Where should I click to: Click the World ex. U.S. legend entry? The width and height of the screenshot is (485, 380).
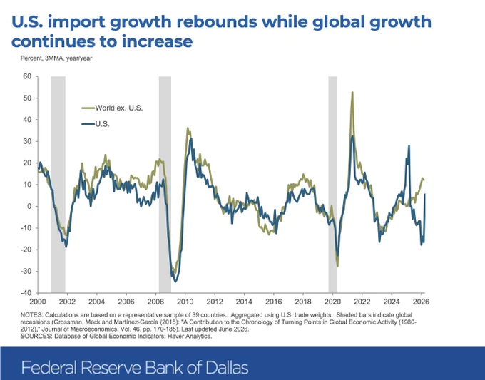[x=112, y=108]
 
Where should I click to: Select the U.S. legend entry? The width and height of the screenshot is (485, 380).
[x=96, y=124]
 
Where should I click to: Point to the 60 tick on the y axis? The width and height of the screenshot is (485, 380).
[x=27, y=76]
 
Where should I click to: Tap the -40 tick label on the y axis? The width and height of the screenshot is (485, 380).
[x=26, y=293]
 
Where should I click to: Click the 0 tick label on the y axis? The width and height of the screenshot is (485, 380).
[x=30, y=206]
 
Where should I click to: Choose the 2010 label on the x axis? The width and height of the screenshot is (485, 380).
[x=185, y=302]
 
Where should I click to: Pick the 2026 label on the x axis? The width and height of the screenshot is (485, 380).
[x=422, y=302]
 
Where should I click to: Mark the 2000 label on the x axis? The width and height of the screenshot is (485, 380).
[x=37, y=302]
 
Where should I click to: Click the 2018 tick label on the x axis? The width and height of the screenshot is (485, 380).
[x=303, y=302]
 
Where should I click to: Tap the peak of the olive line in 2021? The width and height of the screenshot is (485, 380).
[x=352, y=92]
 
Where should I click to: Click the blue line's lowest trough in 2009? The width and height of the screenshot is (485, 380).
[x=175, y=282]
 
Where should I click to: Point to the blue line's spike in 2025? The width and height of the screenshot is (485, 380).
[x=409, y=145]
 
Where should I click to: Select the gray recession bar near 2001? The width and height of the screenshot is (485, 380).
[x=58, y=185]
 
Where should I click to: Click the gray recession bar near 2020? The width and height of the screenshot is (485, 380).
[x=333, y=185]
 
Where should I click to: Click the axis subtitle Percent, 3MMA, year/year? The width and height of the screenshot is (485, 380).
[x=56, y=58]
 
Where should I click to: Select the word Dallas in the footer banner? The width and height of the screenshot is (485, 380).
[x=227, y=368]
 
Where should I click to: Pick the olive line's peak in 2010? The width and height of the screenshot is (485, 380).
[x=188, y=128]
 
